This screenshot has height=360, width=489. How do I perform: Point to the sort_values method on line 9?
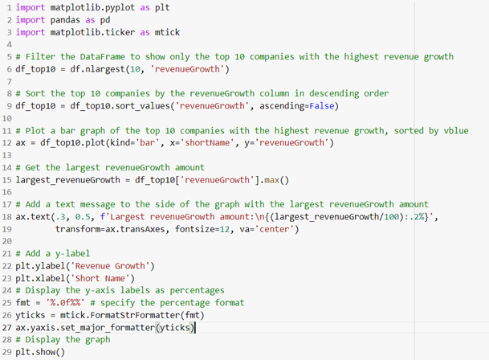pos(128,106)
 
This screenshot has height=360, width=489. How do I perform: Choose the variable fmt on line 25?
pos(24,303)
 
